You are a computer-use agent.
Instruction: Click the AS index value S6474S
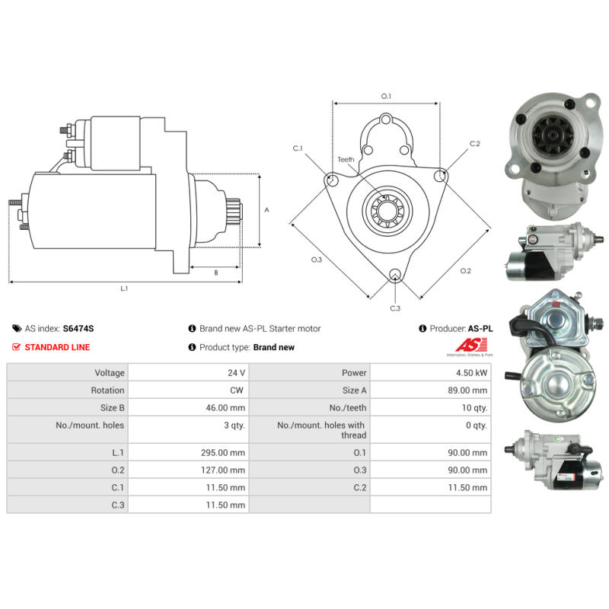tap(78, 329)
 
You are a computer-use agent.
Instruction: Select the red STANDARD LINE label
tap(58, 347)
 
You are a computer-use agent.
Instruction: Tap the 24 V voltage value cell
tap(236, 373)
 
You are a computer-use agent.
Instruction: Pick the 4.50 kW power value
tap(471, 373)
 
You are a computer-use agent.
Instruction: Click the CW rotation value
tap(237, 391)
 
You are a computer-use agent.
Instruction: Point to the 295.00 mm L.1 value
tap(223, 453)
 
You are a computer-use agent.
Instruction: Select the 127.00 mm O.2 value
tap(223, 470)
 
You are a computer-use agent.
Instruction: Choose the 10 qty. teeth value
tap(474, 408)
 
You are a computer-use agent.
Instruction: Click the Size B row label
tap(112, 408)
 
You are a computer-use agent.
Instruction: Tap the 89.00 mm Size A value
tap(467, 391)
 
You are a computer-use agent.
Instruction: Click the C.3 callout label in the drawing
tap(395, 308)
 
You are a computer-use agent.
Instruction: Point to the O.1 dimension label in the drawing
tap(386, 96)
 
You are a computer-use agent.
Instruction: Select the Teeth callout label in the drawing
tap(346, 160)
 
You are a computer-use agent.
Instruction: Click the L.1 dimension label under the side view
tap(124, 289)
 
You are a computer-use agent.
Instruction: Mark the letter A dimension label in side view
tap(267, 210)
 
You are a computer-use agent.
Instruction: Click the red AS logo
tap(471, 345)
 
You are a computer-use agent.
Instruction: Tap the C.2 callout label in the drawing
tap(474, 144)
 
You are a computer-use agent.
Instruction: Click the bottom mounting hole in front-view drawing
tap(395, 274)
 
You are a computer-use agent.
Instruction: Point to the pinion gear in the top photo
tap(548, 134)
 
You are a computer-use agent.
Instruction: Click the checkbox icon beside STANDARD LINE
tap(16, 347)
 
